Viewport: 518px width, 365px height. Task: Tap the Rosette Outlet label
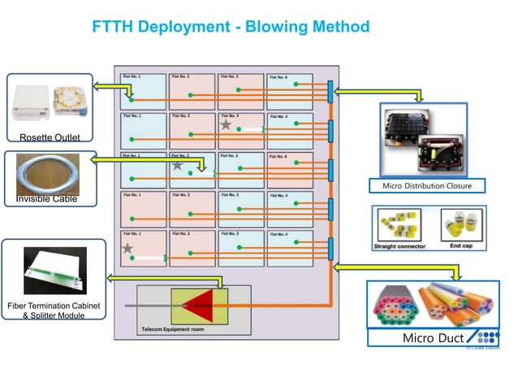pyautogui.click(x=50, y=137)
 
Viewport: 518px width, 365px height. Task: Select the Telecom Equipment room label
pyautogui.click(x=171, y=331)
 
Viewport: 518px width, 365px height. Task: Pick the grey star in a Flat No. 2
pyautogui.click(x=177, y=165)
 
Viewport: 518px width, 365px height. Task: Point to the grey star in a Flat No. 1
pyautogui.click(x=127, y=248)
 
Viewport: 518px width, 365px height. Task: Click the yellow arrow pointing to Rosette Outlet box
pyautogui.click(x=106, y=88)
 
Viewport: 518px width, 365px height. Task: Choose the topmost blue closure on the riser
pyautogui.click(x=331, y=91)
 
